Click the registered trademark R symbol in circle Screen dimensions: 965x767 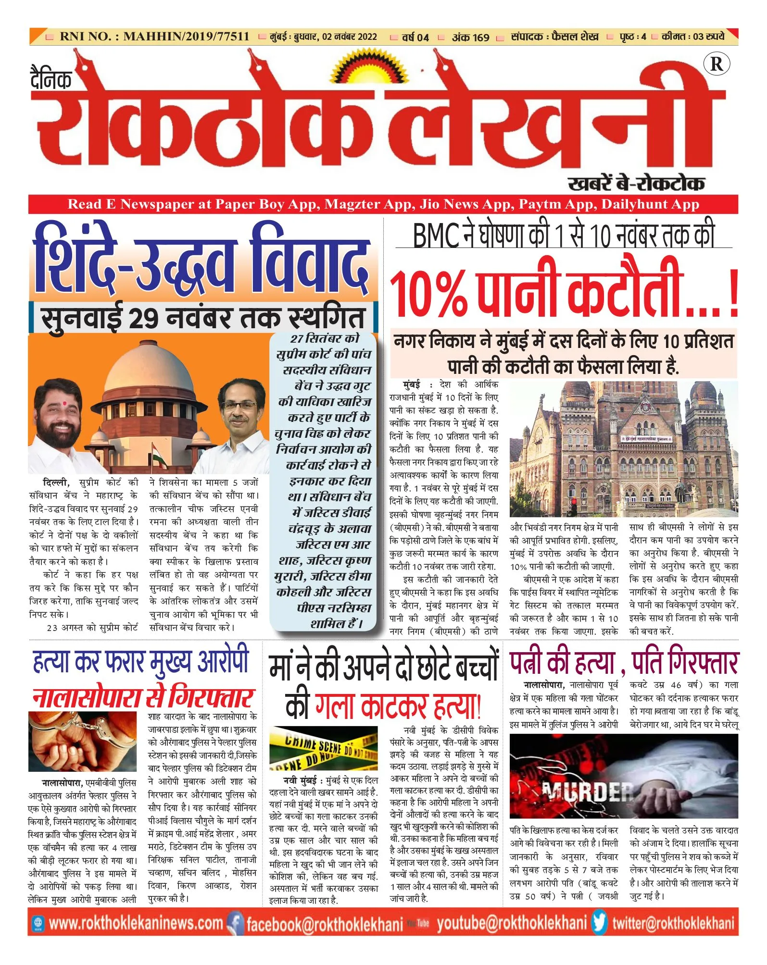coord(716,64)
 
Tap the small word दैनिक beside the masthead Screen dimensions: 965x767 coord(51,79)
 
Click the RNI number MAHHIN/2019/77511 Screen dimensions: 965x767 coord(186,37)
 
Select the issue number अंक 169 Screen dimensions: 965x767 coord(470,37)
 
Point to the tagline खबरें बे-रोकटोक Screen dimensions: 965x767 coord(636,183)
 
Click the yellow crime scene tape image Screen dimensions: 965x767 coord(324,750)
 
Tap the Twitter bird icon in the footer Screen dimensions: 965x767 coord(600,923)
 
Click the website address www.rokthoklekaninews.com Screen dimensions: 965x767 coord(136,923)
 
